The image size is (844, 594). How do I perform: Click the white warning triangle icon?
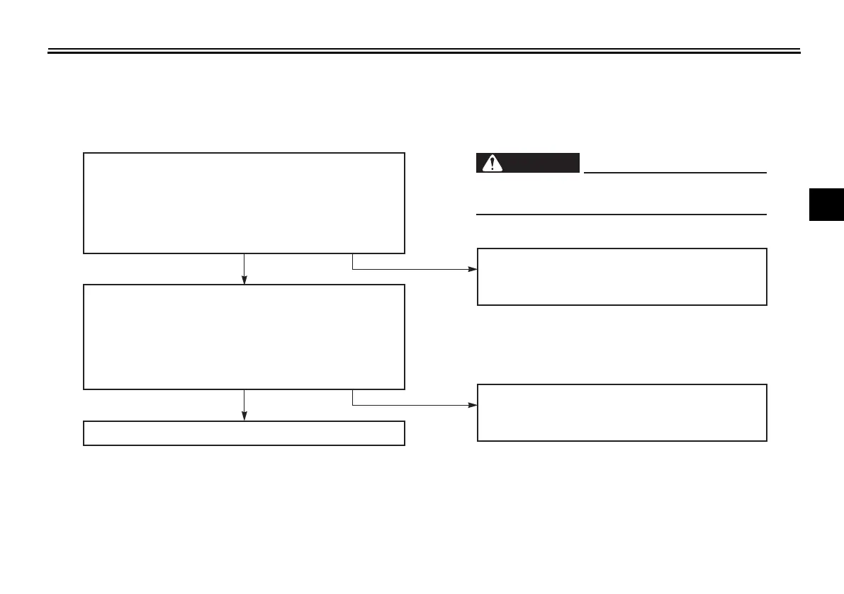(x=489, y=164)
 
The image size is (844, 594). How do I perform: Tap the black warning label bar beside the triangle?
(x=539, y=164)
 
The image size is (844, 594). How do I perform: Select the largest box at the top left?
(x=244, y=202)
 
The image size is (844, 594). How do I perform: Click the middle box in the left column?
(x=244, y=337)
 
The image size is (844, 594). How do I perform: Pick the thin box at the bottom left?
(x=244, y=433)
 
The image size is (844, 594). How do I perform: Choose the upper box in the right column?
(x=621, y=277)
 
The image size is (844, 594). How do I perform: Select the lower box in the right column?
(x=621, y=413)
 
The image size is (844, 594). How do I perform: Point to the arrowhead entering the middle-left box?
(x=244, y=280)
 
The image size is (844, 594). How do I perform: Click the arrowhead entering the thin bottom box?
(x=244, y=416)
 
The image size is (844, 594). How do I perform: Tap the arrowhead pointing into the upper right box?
(x=473, y=270)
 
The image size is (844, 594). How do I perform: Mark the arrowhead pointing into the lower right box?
(x=473, y=406)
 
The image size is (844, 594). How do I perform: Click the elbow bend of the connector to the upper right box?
(x=353, y=270)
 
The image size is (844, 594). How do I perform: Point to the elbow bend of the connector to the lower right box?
(x=353, y=406)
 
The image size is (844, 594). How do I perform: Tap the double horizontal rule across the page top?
(x=423, y=51)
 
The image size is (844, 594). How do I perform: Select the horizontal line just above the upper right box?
(x=621, y=214)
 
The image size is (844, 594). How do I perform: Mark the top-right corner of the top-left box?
(x=404, y=153)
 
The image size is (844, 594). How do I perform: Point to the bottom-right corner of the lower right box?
(x=766, y=440)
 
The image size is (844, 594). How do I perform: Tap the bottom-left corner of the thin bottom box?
(x=84, y=445)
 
